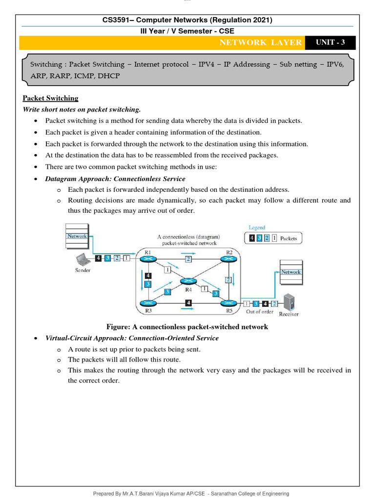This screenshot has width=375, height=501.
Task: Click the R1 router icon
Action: point(146,258)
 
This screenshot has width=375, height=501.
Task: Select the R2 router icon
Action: point(228,258)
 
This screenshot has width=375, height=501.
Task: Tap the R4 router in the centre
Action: point(188,281)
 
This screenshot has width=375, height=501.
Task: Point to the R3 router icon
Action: point(146,303)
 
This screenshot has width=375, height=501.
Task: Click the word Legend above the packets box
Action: point(257,228)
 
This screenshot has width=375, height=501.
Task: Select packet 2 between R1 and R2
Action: point(188,259)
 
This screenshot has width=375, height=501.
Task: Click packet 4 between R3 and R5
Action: point(188,303)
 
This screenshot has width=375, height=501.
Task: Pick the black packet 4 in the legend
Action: point(252,238)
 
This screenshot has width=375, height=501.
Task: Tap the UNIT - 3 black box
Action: point(331,43)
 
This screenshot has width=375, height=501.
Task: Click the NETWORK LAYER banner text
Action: point(261,43)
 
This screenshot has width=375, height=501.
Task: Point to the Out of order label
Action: point(259,312)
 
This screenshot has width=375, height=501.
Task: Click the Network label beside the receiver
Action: point(291,272)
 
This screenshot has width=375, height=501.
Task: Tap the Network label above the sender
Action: point(77,236)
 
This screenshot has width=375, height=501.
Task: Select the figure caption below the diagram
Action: point(187,326)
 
